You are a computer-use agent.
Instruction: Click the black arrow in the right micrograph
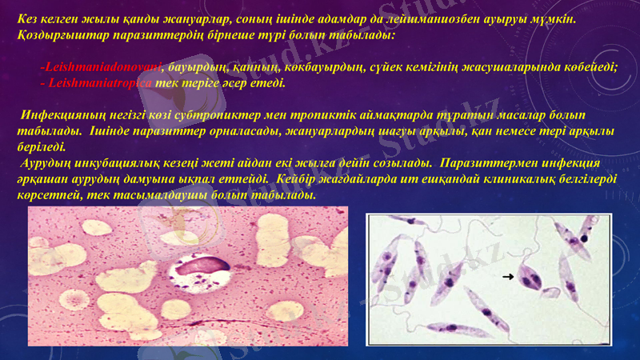pyautogui.click(x=507, y=277)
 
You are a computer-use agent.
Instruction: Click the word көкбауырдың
pyautogui.click(x=316, y=67)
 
